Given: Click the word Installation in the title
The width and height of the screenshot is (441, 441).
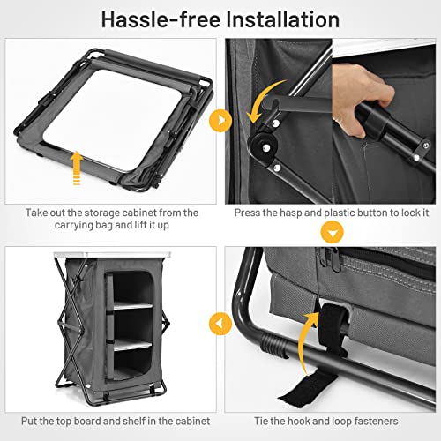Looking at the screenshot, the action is [x=283, y=19].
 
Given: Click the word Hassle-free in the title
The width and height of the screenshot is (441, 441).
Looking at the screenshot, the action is [x=161, y=19].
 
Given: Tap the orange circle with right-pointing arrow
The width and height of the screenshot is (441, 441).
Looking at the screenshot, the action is [x=220, y=121].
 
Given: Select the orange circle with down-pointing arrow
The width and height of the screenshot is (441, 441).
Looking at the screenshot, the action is [x=332, y=232].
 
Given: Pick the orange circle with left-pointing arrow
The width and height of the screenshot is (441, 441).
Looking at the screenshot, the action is [x=220, y=324].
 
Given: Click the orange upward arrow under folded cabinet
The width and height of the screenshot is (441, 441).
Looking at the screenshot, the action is [x=77, y=168].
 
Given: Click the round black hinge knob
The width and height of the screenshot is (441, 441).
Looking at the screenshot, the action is [x=263, y=145].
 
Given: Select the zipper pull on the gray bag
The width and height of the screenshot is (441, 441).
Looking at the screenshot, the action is [x=333, y=260].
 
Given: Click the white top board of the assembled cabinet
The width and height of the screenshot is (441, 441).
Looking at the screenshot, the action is [x=112, y=254].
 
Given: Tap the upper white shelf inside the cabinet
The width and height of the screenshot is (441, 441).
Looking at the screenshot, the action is [x=133, y=306].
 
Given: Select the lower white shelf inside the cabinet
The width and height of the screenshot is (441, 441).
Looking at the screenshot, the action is [x=132, y=345].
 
